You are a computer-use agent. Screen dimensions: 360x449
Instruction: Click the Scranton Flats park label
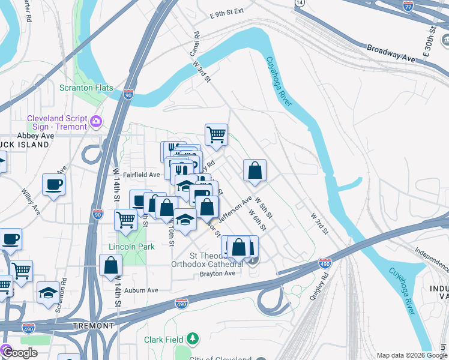click(x=86, y=88)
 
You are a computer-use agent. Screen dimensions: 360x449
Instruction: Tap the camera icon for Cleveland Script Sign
click(x=95, y=122)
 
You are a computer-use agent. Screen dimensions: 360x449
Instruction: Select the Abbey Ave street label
click(x=35, y=136)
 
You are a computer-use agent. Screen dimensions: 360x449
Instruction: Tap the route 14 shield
click(x=300, y=3)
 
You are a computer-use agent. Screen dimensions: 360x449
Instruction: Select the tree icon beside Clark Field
click(x=192, y=340)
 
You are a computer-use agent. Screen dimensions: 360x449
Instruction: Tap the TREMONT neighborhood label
click(x=93, y=326)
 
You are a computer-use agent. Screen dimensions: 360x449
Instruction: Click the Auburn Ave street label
click(x=140, y=290)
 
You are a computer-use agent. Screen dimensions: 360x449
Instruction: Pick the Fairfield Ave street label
click(x=143, y=175)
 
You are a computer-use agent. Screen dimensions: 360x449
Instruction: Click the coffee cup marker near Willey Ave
click(x=53, y=185)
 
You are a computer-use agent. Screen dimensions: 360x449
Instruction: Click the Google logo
click(x=19, y=353)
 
